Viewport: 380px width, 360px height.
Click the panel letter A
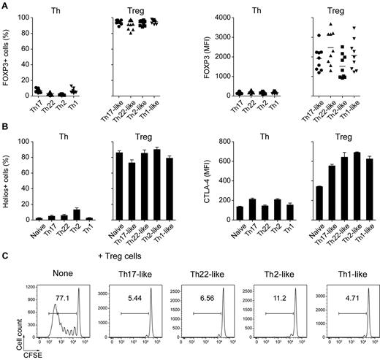[x=4, y=4]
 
